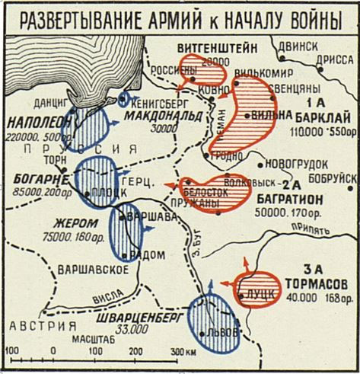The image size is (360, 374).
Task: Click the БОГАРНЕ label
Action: pos(36,177)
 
